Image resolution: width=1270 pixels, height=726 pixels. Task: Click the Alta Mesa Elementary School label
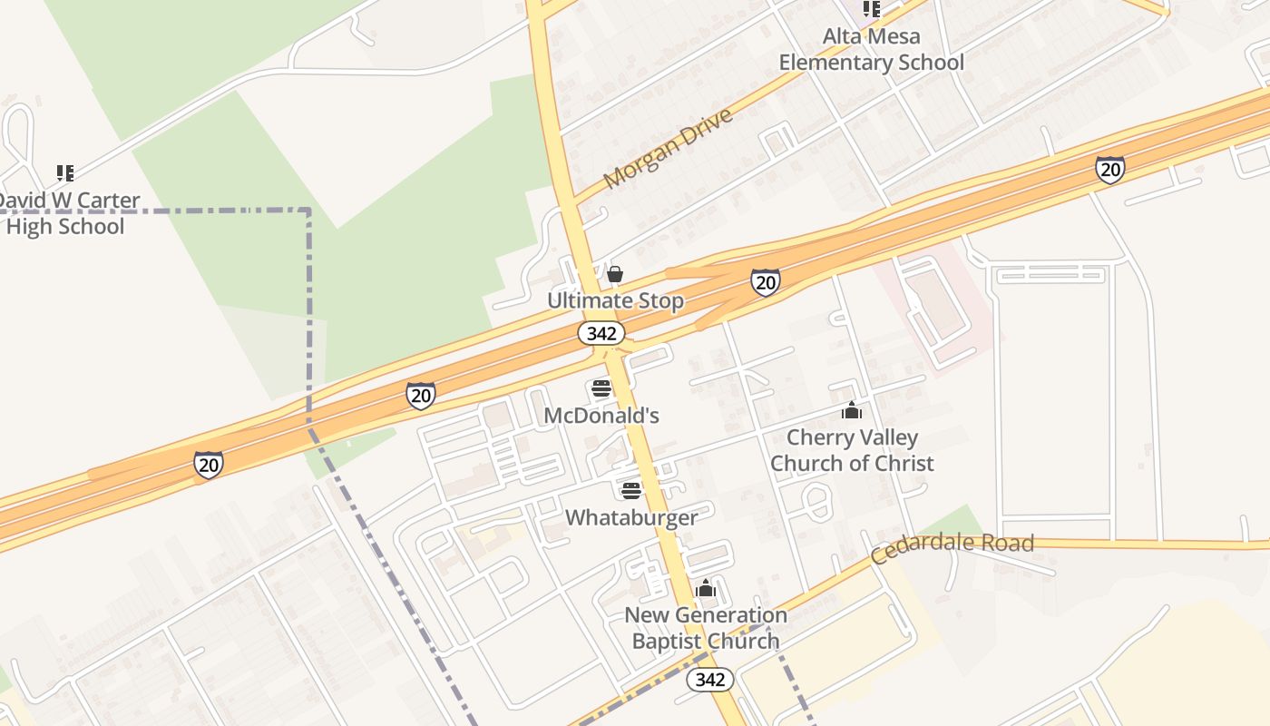point(871,50)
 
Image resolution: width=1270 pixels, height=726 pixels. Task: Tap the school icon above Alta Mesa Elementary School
point(871,9)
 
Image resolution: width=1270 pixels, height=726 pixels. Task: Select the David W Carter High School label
point(66,213)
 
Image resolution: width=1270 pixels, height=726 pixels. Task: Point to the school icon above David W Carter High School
point(64,172)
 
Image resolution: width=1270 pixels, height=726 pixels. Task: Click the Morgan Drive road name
point(668,149)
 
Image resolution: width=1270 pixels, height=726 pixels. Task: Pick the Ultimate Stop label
point(615,300)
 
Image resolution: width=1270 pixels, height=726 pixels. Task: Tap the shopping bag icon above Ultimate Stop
point(615,273)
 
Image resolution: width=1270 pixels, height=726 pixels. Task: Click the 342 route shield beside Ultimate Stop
point(601,333)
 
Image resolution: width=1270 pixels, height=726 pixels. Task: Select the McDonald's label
point(601,416)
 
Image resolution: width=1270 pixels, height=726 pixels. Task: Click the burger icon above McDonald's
point(601,389)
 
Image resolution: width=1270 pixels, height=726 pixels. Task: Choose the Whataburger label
point(631,517)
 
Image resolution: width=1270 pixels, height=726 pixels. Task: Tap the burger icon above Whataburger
point(631,491)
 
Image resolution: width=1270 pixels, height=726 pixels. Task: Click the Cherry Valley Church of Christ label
point(852,450)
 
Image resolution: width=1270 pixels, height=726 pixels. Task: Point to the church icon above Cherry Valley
point(851,411)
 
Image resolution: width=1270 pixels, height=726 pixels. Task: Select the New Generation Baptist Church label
point(706,628)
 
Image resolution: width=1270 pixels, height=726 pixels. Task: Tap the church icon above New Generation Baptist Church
point(706,589)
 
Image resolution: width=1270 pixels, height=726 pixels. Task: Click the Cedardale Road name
point(952,547)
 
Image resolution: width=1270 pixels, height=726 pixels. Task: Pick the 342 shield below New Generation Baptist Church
point(709,679)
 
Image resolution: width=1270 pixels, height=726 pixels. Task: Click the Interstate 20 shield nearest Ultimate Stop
point(765,282)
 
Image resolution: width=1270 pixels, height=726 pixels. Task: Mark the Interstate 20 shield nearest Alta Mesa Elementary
point(1109,170)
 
